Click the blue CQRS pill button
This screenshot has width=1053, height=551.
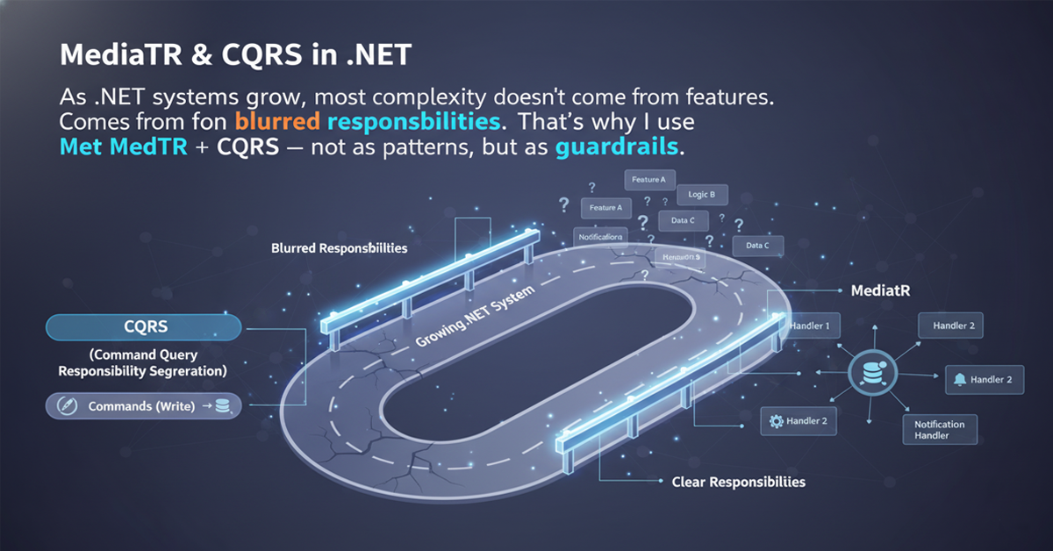(143, 327)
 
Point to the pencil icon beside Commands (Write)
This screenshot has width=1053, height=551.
(62, 406)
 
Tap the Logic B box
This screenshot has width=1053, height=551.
(701, 195)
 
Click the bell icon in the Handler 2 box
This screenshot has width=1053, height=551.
(959, 380)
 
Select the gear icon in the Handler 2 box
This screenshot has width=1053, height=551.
(775, 422)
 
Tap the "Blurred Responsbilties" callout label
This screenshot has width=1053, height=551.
(340, 248)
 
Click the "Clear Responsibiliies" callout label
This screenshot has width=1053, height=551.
(738, 482)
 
